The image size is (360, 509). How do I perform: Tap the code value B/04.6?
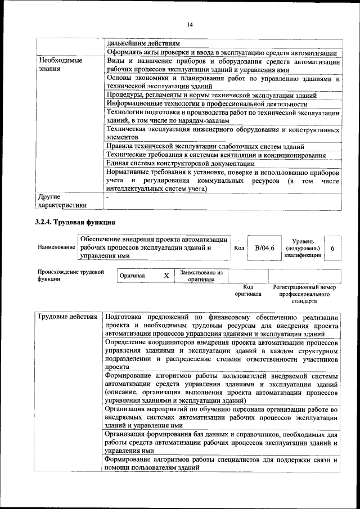click(x=264, y=247)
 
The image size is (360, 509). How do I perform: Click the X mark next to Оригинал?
click(x=166, y=276)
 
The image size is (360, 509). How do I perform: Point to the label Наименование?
click(x=56, y=247)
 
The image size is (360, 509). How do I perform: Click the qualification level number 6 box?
click(x=332, y=247)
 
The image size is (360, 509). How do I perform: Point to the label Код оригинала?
click(x=248, y=290)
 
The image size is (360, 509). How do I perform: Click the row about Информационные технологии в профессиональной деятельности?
click(x=206, y=104)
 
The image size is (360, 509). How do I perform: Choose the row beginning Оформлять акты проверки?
click(x=221, y=52)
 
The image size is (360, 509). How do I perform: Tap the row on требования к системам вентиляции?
click(x=216, y=155)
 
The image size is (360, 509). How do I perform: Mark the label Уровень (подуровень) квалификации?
click(x=303, y=247)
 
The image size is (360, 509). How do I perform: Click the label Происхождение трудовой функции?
click(x=71, y=276)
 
